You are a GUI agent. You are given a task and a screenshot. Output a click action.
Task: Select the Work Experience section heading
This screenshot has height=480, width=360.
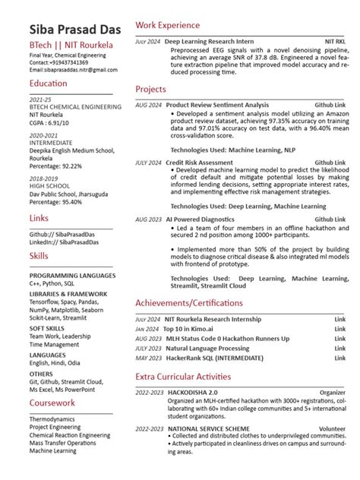(168, 26)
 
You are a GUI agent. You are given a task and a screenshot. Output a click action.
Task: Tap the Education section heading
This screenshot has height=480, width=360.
(48, 83)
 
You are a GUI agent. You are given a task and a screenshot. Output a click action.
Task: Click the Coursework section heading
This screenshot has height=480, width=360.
(52, 403)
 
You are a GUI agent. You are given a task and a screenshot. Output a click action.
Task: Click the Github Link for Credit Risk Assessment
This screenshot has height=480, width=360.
(330, 163)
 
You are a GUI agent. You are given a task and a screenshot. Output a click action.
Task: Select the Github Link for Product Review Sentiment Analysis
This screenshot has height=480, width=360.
(330, 104)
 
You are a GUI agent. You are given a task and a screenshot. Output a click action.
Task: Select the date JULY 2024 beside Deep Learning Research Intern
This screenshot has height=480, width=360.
(147, 41)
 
